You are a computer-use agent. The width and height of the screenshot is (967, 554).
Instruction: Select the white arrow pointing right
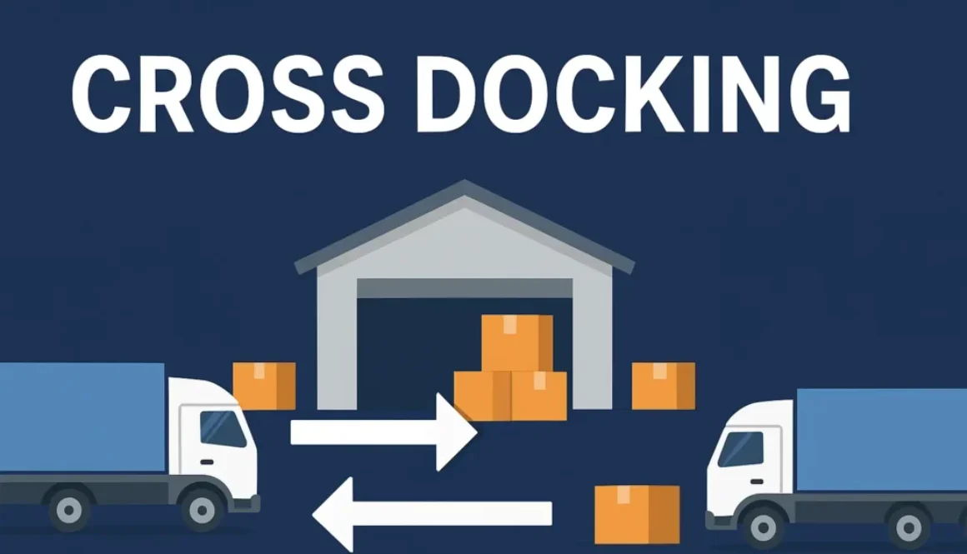pyautogui.click(x=383, y=432)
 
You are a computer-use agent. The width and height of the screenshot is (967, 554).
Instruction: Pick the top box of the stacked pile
pyautogui.click(x=517, y=342)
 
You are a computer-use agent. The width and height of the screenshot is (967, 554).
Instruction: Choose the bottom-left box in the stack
pyautogui.click(x=482, y=395)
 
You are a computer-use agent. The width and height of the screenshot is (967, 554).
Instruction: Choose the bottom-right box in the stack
pyautogui.click(x=539, y=395)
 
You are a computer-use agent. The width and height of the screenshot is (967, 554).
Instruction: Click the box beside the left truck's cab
pyautogui.click(x=263, y=386)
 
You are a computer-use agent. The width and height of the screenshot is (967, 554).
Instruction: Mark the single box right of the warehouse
pyautogui.click(x=663, y=386)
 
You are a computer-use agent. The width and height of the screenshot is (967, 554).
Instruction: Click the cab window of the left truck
pyautogui.click(x=223, y=429)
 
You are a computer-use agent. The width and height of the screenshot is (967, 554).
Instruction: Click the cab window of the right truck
pyautogui.click(x=741, y=449)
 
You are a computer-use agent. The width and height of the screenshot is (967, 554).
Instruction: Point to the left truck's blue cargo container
pyautogui.click(x=81, y=417)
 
